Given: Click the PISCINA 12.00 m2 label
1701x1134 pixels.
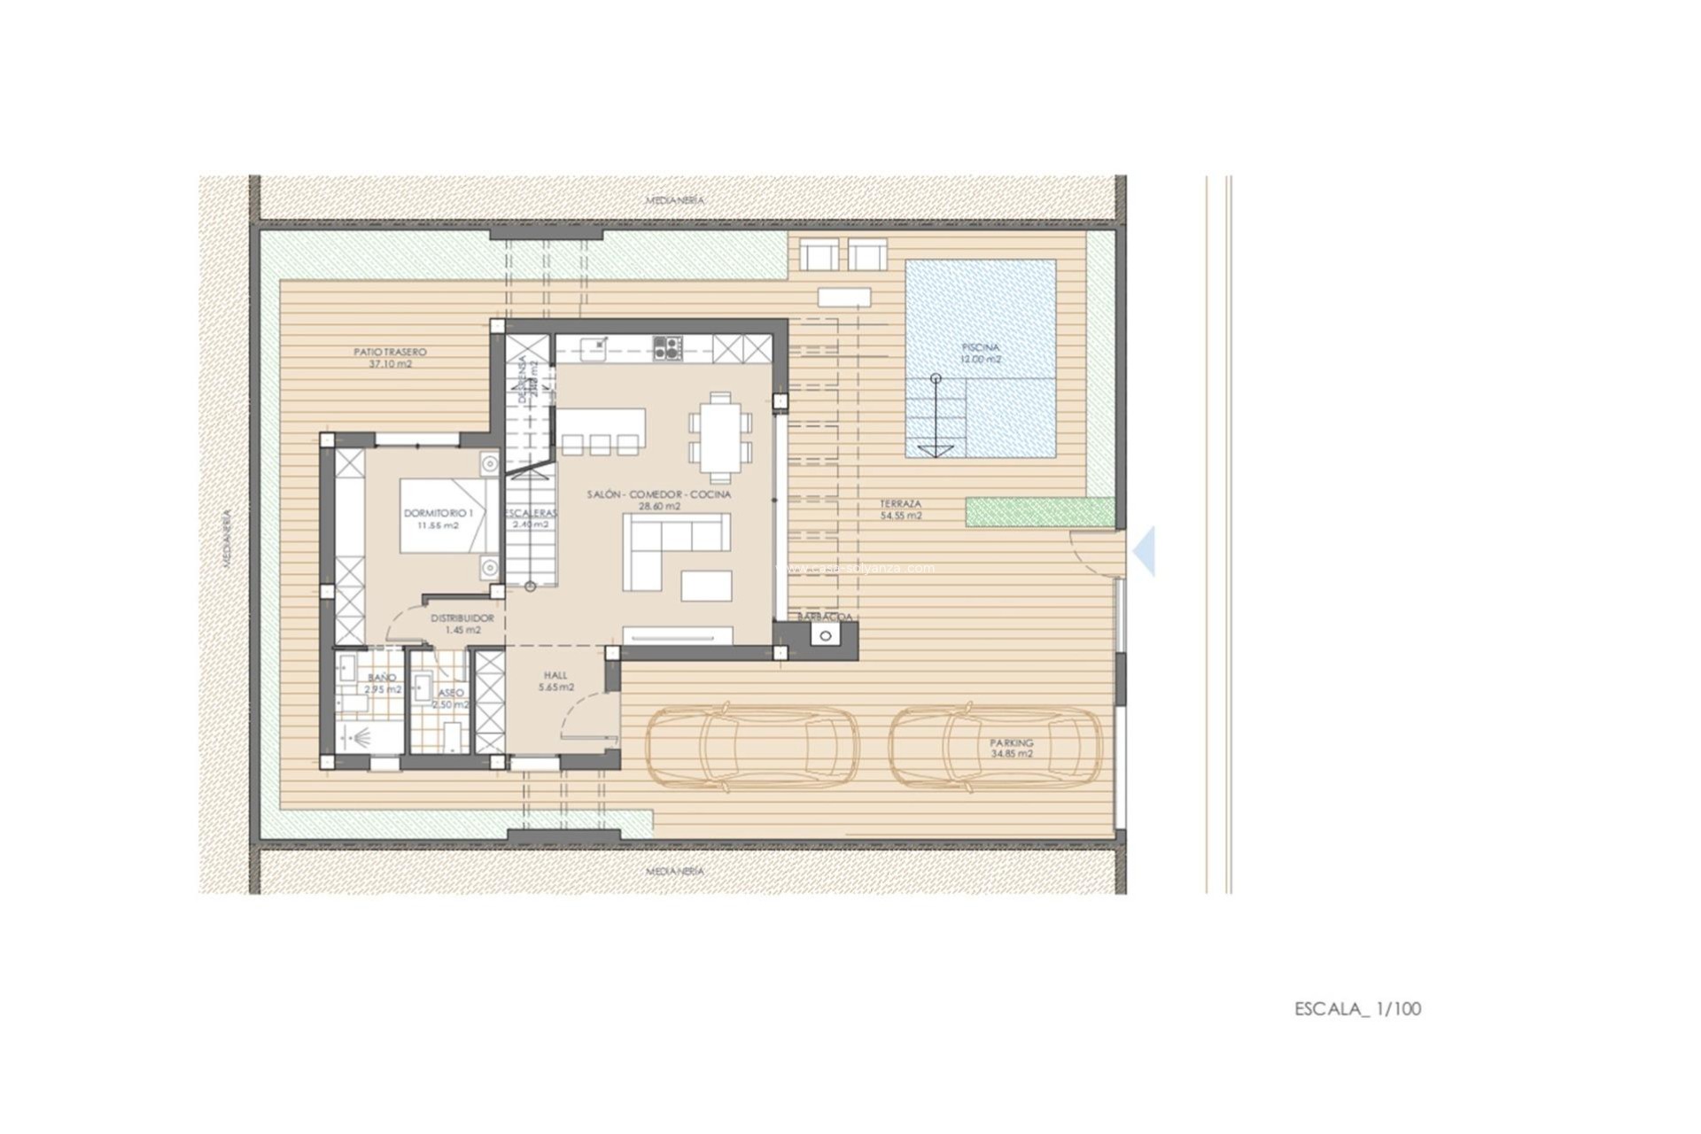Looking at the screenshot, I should point(980,353).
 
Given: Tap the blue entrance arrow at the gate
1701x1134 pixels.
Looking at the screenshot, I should point(1145,551).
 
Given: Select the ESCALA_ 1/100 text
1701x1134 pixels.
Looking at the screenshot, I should point(1357,1009).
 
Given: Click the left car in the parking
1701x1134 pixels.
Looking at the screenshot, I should point(751,747).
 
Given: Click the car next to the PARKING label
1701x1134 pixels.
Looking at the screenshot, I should point(996,748).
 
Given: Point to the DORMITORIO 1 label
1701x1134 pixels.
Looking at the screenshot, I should point(439,518).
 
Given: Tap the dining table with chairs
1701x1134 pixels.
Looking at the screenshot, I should point(719,438).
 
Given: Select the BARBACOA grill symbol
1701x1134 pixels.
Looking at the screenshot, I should point(826,634).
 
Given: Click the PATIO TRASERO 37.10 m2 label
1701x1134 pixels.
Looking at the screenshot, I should point(390,358).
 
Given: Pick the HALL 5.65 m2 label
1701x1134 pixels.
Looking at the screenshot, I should point(555,680).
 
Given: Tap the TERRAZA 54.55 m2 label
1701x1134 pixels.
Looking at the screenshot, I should point(900,509).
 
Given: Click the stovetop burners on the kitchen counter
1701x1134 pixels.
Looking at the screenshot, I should point(667,347).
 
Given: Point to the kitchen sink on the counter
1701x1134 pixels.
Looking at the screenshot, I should point(594,346).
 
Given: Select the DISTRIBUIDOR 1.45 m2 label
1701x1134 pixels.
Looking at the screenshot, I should point(462,624).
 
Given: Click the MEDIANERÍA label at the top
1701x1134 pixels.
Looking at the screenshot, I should point(674,200).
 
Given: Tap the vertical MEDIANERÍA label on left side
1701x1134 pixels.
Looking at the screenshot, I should point(227,537).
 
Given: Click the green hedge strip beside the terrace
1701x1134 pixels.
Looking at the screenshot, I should point(1040,512).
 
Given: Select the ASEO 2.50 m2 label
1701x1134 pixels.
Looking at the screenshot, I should point(449,698).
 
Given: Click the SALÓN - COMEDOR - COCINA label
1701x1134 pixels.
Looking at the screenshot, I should point(659,500).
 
